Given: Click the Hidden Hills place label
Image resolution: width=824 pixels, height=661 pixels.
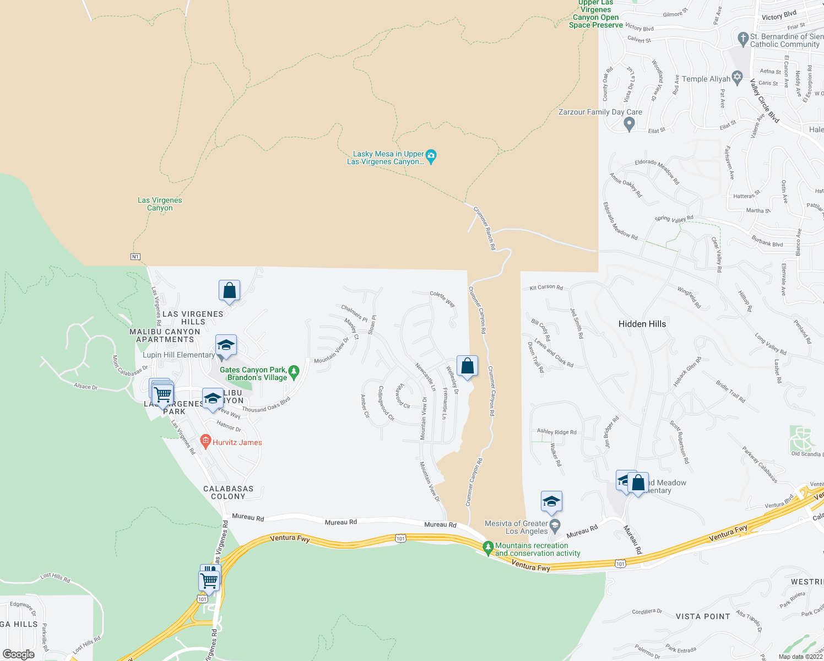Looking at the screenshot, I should (x=642, y=324).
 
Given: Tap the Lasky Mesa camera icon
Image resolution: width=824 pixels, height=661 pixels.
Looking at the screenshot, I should (x=431, y=156).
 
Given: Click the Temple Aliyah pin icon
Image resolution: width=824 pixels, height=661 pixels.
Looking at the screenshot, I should (x=738, y=78).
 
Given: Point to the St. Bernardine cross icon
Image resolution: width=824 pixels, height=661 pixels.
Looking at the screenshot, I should (x=742, y=39).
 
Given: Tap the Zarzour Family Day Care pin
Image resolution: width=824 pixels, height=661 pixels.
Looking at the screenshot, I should (x=630, y=124).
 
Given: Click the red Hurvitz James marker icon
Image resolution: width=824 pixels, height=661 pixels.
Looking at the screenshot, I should (x=205, y=441).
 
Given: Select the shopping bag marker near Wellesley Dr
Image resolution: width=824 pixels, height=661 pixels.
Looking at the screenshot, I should (x=467, y=366).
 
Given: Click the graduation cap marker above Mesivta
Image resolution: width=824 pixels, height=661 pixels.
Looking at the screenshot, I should (x=551, y=502).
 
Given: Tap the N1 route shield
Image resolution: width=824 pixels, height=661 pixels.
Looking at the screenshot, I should (x=135, y=257).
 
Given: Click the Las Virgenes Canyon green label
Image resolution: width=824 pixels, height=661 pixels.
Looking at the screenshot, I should (x=160, y=204).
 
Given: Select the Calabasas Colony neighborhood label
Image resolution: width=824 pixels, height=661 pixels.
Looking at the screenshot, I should (x=228, y=492).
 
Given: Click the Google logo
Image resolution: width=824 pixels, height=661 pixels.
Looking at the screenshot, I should (x=19, y=654).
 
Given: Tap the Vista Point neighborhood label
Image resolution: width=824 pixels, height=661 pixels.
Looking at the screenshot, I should (x=703, y=616).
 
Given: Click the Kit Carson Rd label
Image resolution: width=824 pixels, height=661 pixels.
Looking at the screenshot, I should (x=546, y=288).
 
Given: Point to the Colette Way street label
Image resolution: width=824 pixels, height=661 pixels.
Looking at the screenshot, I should (x=442, y=299).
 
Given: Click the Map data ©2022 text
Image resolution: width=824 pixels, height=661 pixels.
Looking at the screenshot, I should (x=800, y=657).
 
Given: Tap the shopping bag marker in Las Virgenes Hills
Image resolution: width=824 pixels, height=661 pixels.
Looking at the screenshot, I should (x=229, y=290).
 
